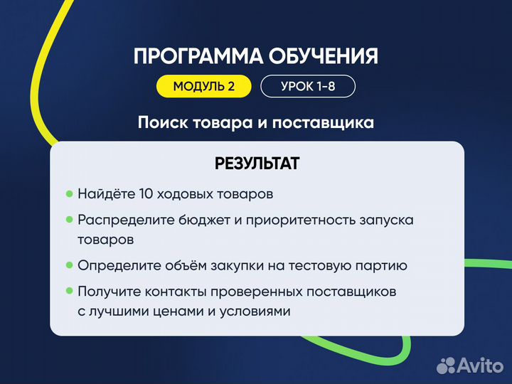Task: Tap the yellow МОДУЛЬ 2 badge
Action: [204, 87]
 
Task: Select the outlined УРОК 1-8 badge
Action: [307, 87]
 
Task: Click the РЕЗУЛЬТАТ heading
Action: [257, 164]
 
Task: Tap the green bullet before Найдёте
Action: [70, 193]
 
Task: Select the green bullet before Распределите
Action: [70, 220]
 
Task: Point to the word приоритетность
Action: [290, 220]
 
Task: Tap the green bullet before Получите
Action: [70, 291]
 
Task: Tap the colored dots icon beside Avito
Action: [446, 365]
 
